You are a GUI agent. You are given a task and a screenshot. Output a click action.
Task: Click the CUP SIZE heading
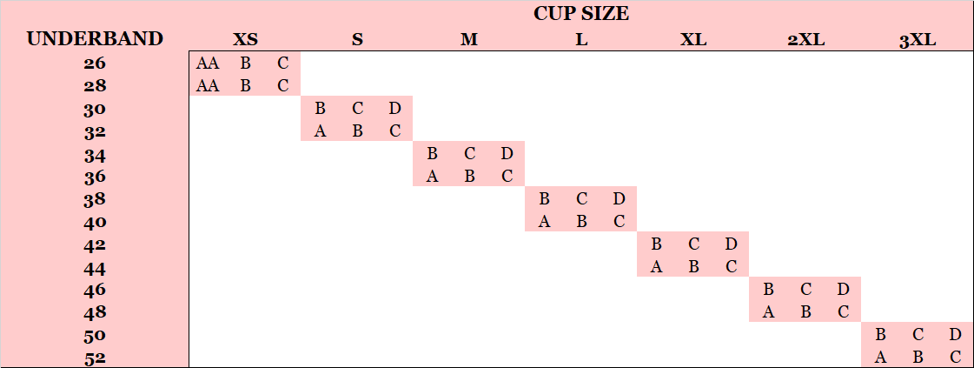tap(580, 14)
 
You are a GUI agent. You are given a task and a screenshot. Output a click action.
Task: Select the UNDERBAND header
tap(95, 39)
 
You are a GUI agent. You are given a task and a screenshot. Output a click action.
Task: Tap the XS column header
tap(245, 40)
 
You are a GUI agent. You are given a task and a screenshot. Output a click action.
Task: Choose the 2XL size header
tap(805, 40)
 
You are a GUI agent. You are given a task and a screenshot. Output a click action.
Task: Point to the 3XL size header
tap(918, 41)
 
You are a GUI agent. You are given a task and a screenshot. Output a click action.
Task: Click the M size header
tap(469, 40)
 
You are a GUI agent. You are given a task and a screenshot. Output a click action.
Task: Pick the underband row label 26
tap(95, 64)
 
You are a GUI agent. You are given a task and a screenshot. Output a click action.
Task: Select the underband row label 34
tap(95, 155)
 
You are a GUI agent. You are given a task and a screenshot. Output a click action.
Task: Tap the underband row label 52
tap(95, 358)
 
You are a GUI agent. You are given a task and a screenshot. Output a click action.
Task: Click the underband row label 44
tap(95, 269)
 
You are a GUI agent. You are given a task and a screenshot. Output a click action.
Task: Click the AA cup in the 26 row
tap(208, 64)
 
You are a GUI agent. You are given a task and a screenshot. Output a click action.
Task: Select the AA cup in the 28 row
tap(208, 86)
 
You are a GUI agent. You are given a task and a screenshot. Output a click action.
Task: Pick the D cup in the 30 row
tap(395, 109)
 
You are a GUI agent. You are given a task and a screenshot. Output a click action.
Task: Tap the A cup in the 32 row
tap(320, 131)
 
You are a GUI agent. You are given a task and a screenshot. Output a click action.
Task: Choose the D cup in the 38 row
tap(619, 199)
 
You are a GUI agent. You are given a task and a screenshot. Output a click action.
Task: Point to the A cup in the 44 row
tap(656, 267)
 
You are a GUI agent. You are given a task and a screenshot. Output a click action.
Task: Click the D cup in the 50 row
tap(956, 335)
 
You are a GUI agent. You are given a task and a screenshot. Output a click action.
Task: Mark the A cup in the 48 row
tap(768, 312)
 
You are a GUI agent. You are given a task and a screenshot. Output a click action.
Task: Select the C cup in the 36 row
tap(507, 177)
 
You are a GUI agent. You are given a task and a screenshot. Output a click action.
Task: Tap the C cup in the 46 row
tap(805, 290)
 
